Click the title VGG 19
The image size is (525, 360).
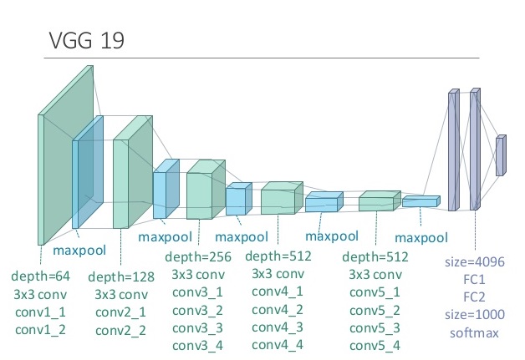click(87, 40)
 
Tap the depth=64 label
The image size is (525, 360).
click(40, 276)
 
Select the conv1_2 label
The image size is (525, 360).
click(40, 330)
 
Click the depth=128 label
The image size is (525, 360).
click(121, 277)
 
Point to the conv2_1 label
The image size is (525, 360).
click(121, 312)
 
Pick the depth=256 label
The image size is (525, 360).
click(198, 257)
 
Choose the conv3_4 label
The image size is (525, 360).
click(197, 346)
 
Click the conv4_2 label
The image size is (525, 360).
click(278, 310)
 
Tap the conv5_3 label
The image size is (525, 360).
click(375, 328)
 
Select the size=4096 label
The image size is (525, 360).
click(475, 262)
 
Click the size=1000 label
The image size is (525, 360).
click(475, 315)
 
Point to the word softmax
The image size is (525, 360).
click(475, 333)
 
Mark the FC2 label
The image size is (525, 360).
click(475, 297)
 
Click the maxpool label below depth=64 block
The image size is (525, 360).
click(79, 251)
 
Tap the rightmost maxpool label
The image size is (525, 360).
click(421, 238)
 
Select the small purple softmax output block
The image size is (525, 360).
click(501, 155)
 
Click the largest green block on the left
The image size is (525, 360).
click(65, 155)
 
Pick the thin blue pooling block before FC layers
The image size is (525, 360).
click(421, 201)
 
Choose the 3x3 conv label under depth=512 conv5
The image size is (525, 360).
click(375, 275)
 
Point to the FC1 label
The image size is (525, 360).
click(475, 279)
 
